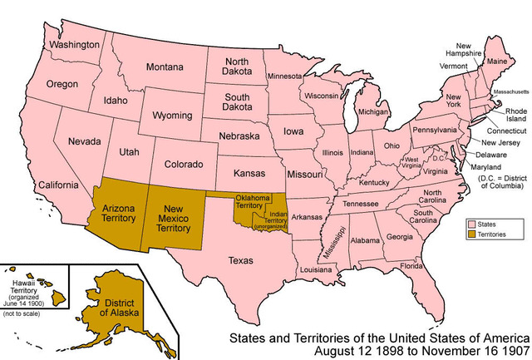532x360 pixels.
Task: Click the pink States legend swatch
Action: click(x=470, y=224)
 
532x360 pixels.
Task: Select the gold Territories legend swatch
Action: click(x=470, y=235)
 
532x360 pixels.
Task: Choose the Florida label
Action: click(x=411, y=266)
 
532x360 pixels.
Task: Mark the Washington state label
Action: click(x=71, y=43)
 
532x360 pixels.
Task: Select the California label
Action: click(x=50, y=184)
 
